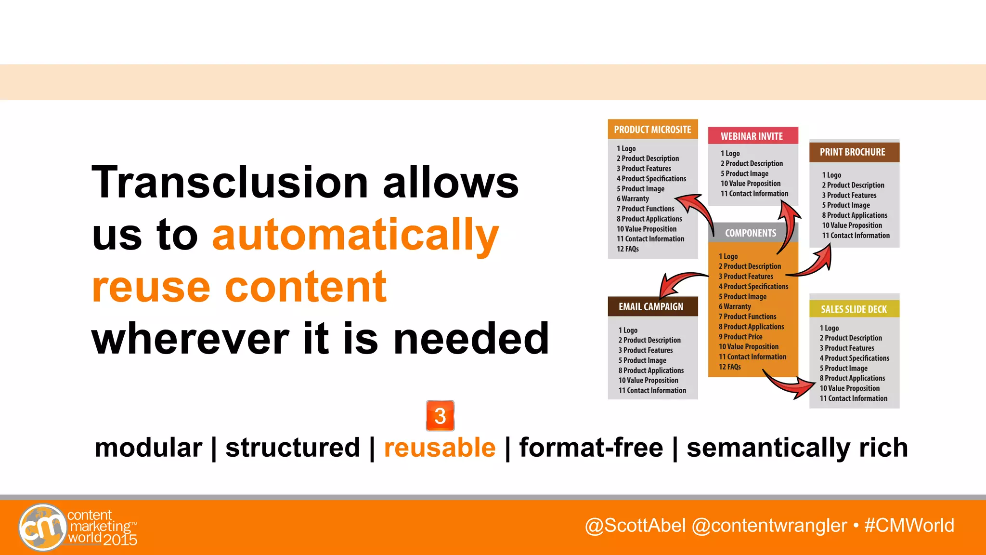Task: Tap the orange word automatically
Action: [x=355, y=235]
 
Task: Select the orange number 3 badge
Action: [x=440, y=416]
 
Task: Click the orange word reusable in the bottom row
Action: [x=440, y=448]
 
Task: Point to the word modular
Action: [x=148, y=448]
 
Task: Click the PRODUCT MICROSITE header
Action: [x=652, y=130]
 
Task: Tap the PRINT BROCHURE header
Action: [x=852, y=152]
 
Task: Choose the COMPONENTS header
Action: [x=750, y=233]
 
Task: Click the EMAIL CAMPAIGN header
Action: [x=650, y=307]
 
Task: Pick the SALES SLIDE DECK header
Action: [x=854, y=309]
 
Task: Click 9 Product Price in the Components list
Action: [x=740, y=337]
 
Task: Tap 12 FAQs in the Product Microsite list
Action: [x=628, y=249]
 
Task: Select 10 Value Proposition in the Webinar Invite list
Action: [x=750, y=184]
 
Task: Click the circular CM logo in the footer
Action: [x=42, y=527]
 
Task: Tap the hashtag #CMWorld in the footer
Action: [x=909, y=525]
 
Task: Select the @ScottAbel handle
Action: [x=635, y=525]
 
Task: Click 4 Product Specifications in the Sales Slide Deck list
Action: [x=854, y=358]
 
